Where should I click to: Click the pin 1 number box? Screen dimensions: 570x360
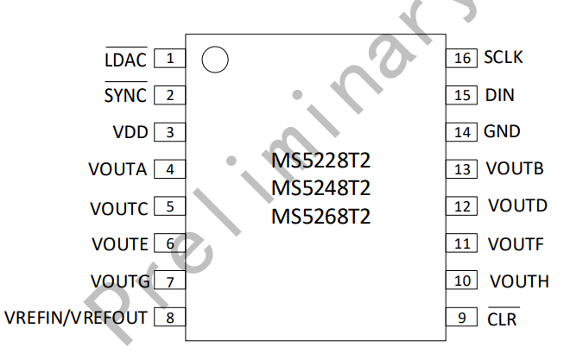coord(170,59)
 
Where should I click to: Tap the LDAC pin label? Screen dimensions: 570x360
coord(126,58)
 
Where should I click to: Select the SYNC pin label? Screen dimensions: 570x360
coord(126,93)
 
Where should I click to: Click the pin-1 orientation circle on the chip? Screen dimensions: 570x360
coord(215,60)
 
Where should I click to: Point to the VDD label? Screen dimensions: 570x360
coord(130,132)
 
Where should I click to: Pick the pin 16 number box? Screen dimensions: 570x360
coord(462,58)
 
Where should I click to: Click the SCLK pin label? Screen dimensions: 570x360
coord(503,57)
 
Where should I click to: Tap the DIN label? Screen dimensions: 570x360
coord(500,95)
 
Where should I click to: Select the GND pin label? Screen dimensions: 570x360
coord(502,131)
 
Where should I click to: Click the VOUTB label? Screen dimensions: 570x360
coord(515,168)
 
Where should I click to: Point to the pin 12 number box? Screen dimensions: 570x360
coord(462,206)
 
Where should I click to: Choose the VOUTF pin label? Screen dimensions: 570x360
coord(516,244)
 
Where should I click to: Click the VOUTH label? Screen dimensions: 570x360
coord(519,281)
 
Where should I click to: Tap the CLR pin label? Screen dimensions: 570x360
coord(503,317)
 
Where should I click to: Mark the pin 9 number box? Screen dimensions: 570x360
coord(462,318)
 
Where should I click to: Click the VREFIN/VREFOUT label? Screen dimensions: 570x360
coord(76,318)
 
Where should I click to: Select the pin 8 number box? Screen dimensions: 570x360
coord(170,318)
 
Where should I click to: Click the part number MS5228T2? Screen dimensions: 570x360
coord(321,161)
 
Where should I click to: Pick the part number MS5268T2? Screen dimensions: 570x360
coord(321,217)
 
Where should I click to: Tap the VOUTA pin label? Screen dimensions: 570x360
coord(117,169)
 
